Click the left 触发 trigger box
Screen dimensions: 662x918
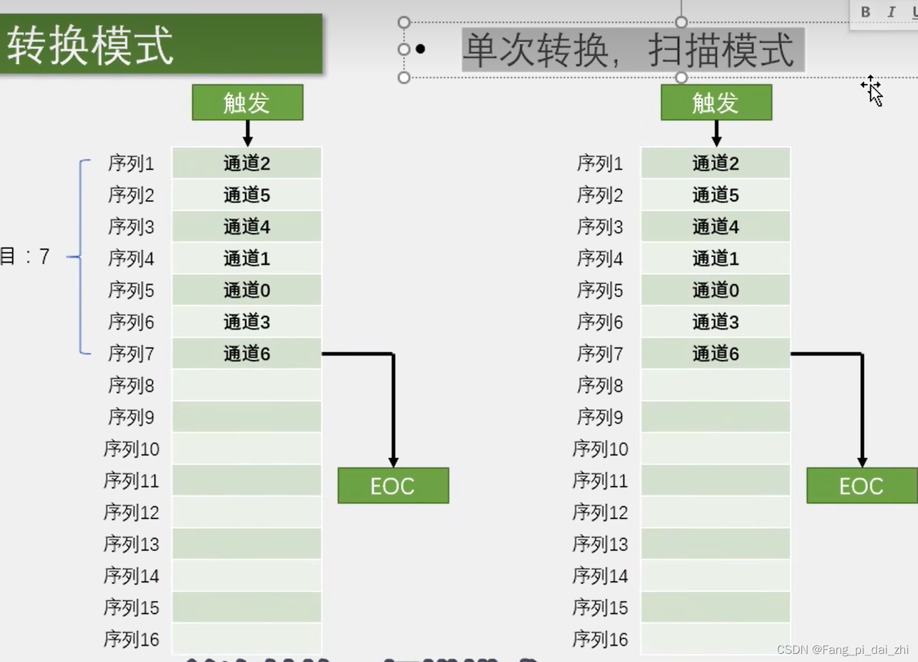tap(247, 102)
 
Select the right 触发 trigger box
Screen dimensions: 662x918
tap(716, 102)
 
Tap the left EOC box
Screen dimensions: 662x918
tap(393, 486)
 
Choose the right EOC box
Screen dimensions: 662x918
tap(861, 486)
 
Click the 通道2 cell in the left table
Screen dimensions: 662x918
tap(246, 164)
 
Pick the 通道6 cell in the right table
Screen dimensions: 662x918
tap(715, 354)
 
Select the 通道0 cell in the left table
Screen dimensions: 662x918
tap(246, 290)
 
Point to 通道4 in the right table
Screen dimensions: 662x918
tap(715, 227)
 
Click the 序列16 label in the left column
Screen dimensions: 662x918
tap(131, 639)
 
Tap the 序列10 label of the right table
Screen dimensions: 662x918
tap(600, 449)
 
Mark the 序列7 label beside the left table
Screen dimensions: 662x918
tap(131, 354)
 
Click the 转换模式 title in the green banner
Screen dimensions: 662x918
tap(90, 45)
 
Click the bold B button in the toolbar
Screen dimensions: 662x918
tap(865, 12)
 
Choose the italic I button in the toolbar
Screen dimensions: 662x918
tap(891, 12)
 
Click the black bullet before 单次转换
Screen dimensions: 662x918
tap(420, 49)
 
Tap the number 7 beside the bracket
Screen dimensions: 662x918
tap(44, 256)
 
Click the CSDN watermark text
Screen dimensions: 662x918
tap(842, 649)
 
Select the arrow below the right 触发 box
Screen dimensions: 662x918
tap(716, 133)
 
